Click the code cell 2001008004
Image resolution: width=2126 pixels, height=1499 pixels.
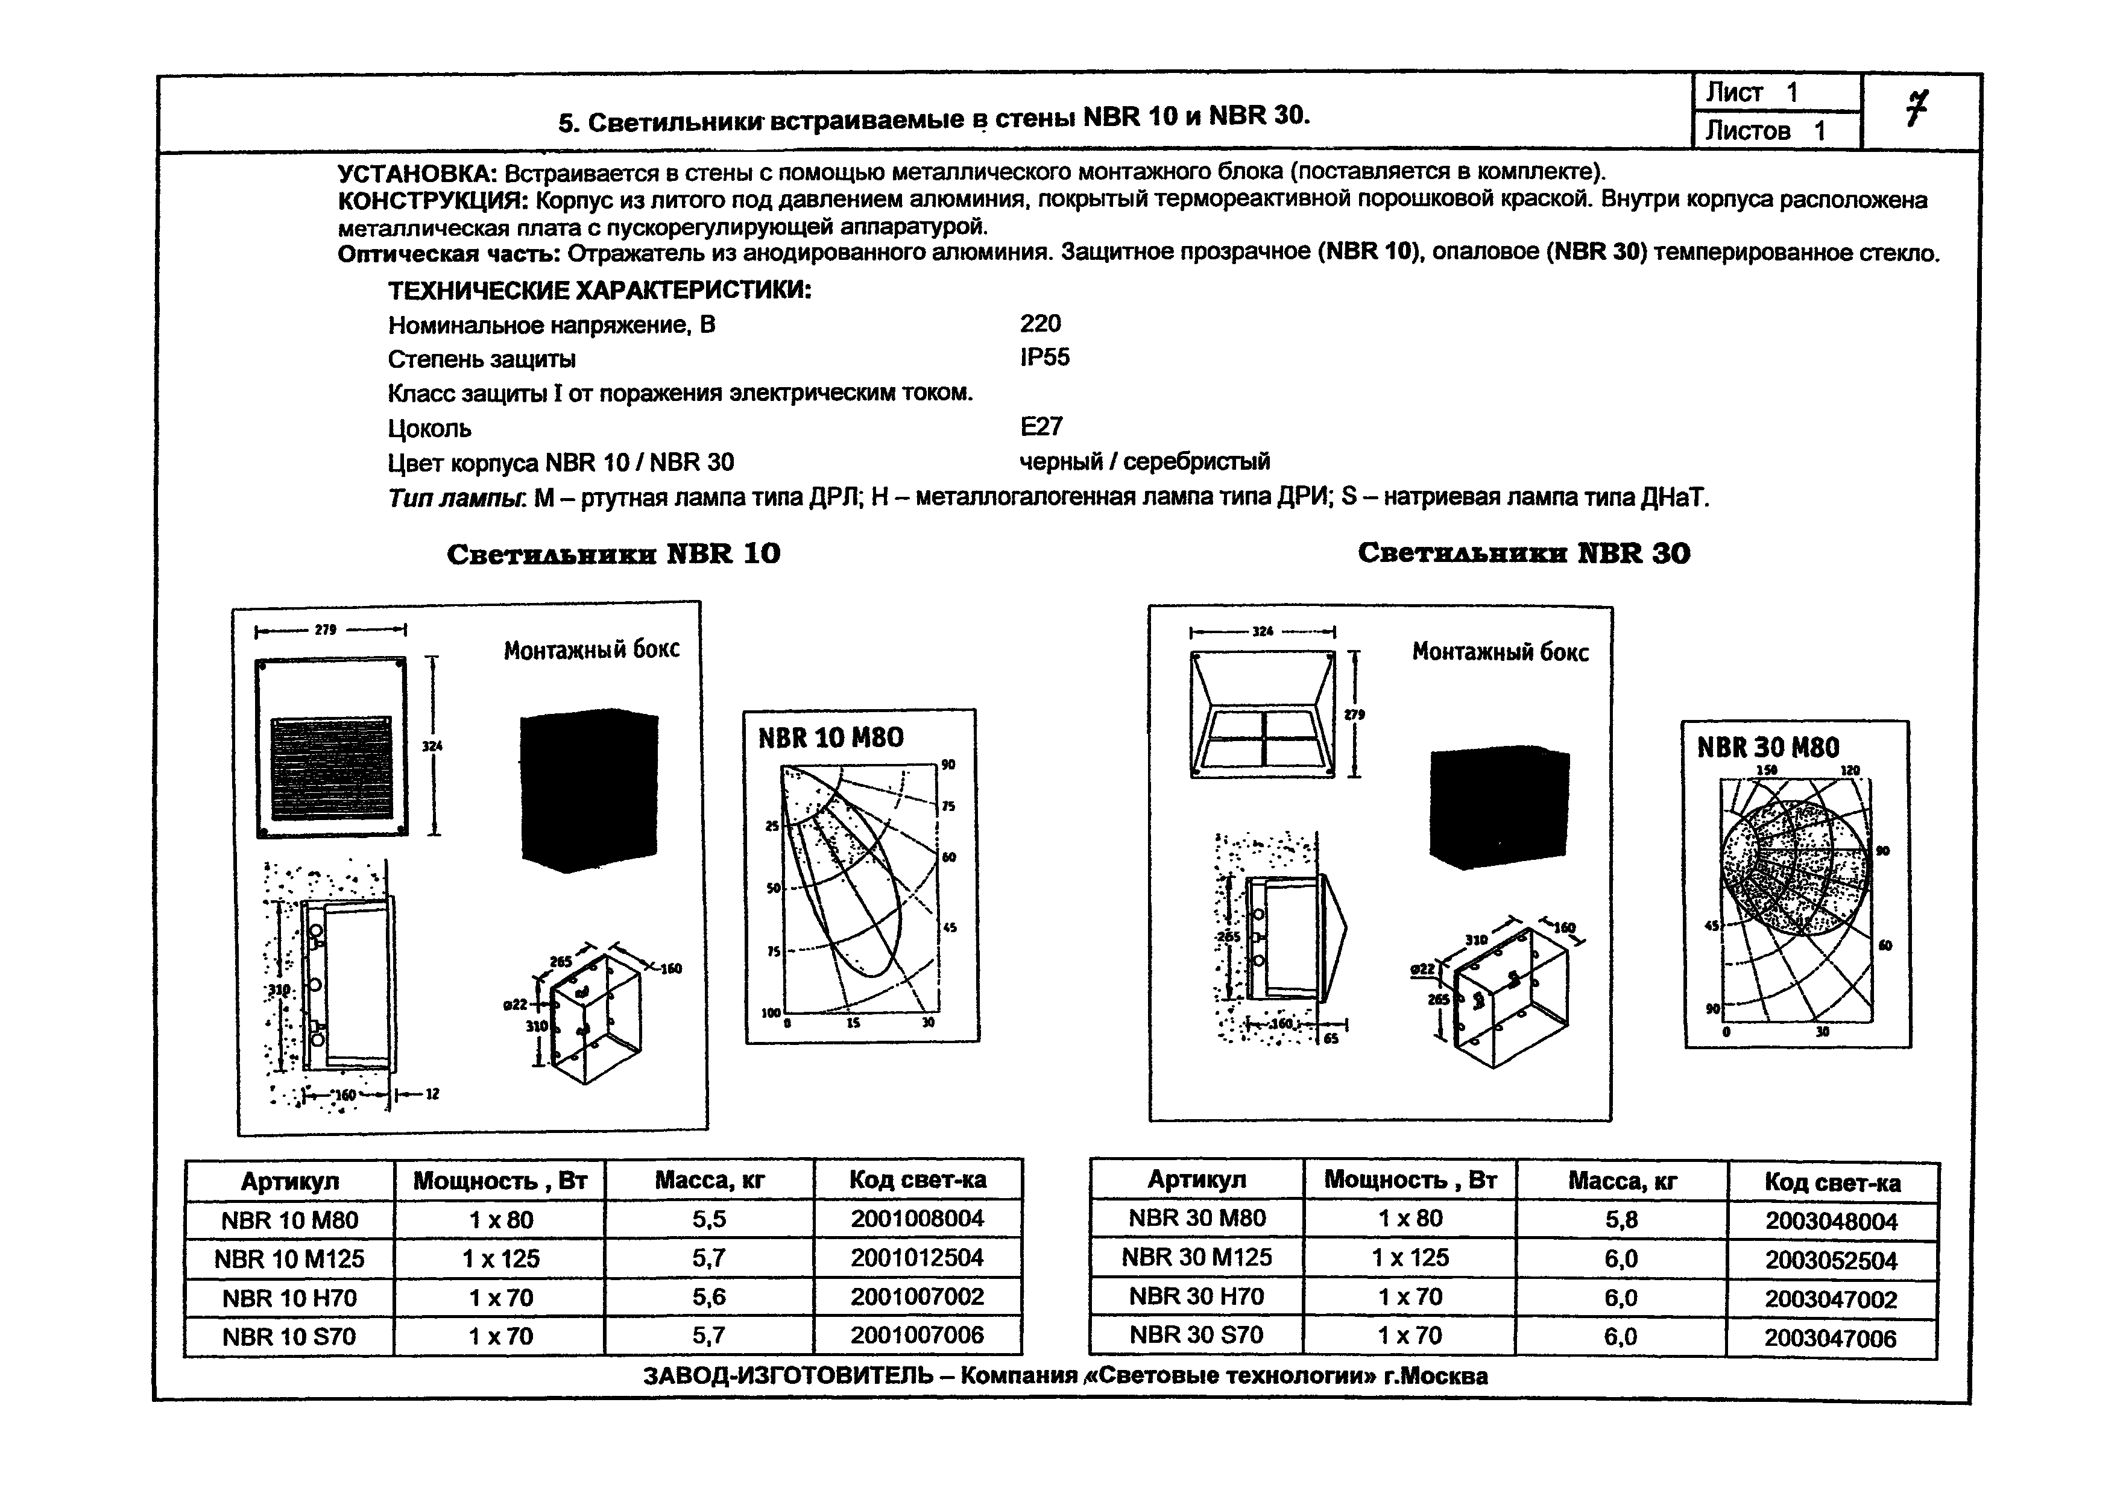click(916, 1219)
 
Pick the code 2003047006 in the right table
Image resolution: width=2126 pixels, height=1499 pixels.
click(1830, 1338)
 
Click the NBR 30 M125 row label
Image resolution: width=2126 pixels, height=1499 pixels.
click(1196, 1257)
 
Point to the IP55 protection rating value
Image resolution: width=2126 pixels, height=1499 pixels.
click(1044, 358)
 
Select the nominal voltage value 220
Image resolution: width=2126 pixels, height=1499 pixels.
click(1040, 323)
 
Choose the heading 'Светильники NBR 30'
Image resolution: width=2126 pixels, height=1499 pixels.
click(1523, 554)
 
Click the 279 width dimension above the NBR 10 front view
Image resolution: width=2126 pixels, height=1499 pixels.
click(325, 630)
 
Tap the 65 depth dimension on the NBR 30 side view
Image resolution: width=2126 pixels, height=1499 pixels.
click(1331, 1039)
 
